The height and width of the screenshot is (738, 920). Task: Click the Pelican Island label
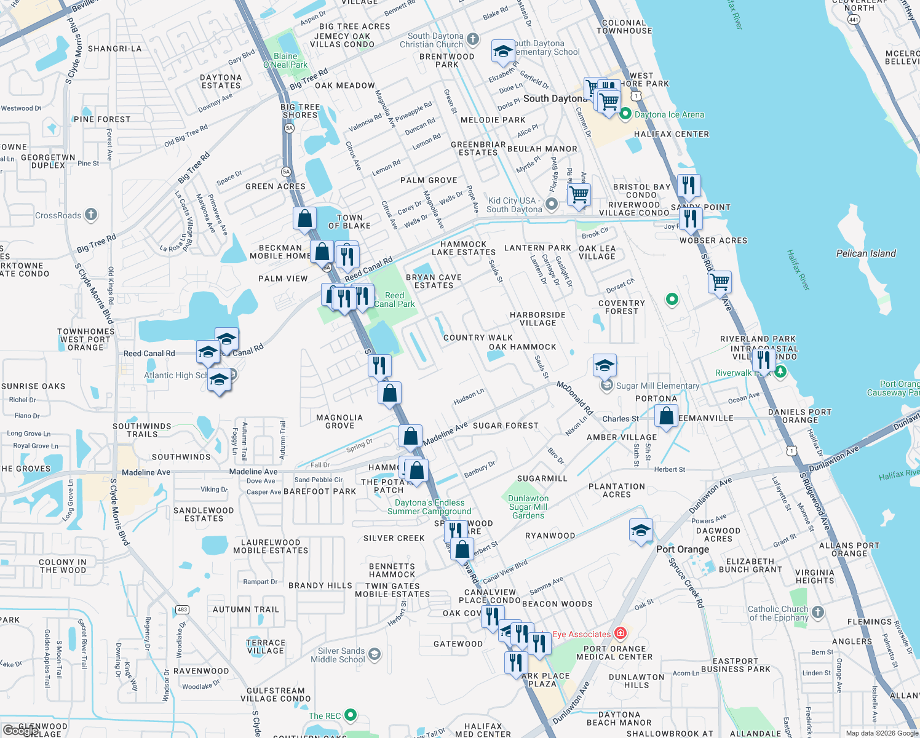[x=866, y=253]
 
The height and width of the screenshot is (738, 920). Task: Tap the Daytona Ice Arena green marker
[x=625, y=114]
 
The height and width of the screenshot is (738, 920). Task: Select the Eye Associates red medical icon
[x=621, y=633]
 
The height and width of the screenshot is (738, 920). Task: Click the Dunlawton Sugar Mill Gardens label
[x=528, y=507]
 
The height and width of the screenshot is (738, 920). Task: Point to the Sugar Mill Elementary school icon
[x=607, y=386]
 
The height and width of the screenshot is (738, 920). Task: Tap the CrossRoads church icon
[x=91, y=215]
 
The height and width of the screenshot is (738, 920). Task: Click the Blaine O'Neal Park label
[x=285, y=60]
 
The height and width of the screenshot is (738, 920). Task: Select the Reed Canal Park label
[x=394, y=300]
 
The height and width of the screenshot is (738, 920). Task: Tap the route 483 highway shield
[x=182, y=609]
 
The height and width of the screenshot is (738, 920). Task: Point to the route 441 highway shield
[x=853, y=20]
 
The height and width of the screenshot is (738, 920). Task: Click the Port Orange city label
[x=683, y=549]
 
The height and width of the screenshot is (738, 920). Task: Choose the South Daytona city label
[x=555, y=98]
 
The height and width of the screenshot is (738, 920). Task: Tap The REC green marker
[x=351, y=715]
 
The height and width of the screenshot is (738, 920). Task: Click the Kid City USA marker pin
[x=552, y=204]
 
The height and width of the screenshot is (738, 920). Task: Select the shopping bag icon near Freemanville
[x=666, y=416]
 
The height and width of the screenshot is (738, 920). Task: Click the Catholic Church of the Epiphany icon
[x=817, y=612]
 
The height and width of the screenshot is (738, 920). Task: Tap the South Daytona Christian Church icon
[x=472, y=39]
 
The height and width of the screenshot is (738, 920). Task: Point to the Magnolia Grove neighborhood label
[x=339, y=421]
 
